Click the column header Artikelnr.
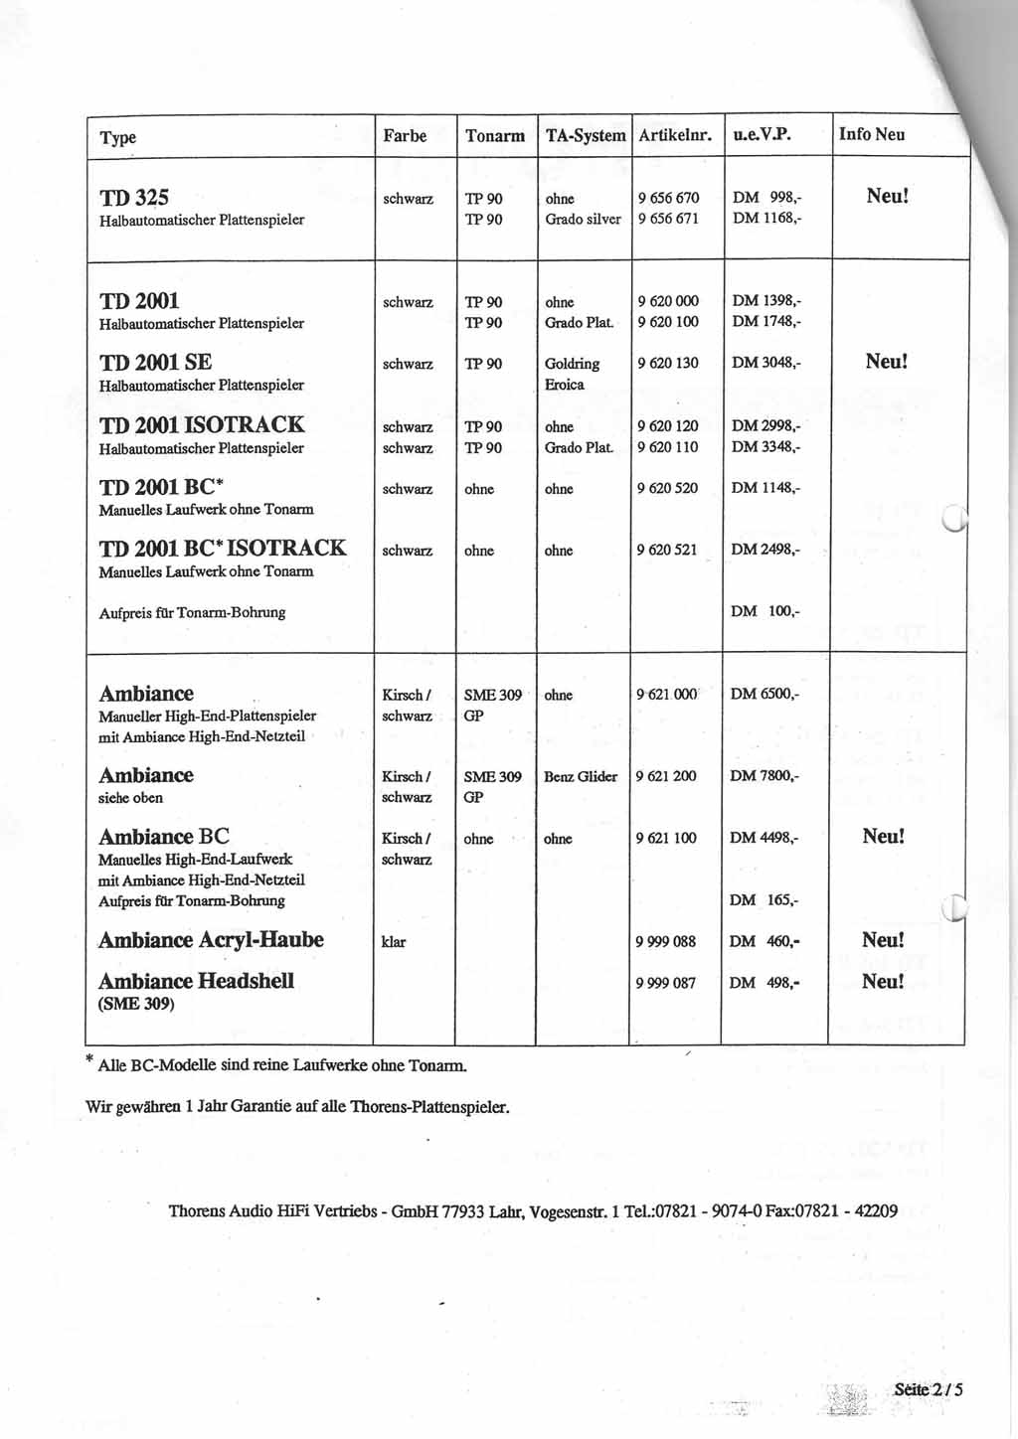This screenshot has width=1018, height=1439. click(x=675, y=135)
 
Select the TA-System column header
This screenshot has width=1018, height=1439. click(x=585, y=135)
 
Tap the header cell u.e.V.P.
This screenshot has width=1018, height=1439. click(x=762, y=134)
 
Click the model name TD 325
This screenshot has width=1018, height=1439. click(x=134, y=197)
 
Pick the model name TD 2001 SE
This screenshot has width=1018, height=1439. click(x=155, y=362)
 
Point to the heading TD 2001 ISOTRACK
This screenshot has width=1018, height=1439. click(x=202, y=424)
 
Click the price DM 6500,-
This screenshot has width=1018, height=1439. click(x=763, y=694)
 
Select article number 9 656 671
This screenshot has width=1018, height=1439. click(x=668, y=219)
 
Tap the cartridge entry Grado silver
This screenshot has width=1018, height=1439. click(x=583, y=219)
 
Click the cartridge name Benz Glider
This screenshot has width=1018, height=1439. click(x=581, y=776)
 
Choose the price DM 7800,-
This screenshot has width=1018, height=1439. click(x=763, y=775)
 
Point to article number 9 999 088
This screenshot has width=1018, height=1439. click(x=665, y=941)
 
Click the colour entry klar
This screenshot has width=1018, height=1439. click(x=394, y=941)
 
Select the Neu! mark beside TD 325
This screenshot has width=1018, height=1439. click(x=887, y=196)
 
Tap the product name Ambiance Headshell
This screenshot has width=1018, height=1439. click(x=196, y=981)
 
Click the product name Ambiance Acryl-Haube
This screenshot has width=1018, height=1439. click(x=211, y=939)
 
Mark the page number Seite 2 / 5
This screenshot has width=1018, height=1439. click(x=928, y=1388)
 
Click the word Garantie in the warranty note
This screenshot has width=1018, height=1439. click(x=262, y=1106)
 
